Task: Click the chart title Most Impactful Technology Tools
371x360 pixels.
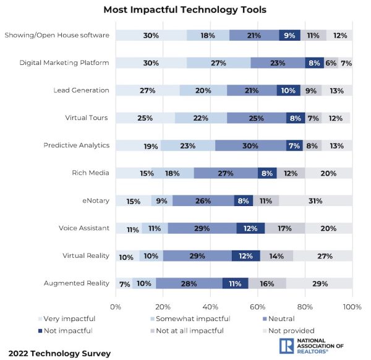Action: point(185,10)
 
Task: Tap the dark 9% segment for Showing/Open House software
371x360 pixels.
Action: point(289,35)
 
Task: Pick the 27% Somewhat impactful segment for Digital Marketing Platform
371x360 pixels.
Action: point(218,62)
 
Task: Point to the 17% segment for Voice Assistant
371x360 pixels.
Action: point(284,228)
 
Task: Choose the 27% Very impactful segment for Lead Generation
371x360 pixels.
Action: point(147,90)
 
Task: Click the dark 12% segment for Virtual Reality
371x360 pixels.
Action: point(245,255)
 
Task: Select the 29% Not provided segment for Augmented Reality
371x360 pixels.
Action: point(319,283)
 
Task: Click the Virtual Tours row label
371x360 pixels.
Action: point(87,118)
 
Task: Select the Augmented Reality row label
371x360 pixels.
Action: point(77,283)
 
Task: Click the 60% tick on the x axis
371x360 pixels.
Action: point(258,306)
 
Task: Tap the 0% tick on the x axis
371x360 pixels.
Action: point(116,306)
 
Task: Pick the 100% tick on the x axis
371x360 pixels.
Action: point(352,306)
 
